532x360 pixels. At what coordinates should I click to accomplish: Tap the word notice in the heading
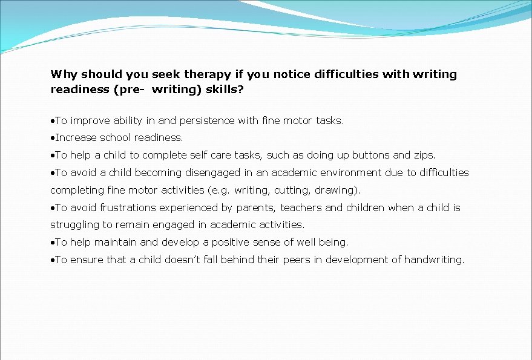coord(292,74)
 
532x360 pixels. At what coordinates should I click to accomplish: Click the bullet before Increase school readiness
coord(53,138)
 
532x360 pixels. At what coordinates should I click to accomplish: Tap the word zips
coord(424,155)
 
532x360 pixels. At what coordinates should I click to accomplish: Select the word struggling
coord(74,224)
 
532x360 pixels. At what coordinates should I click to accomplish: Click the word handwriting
coord(434,260)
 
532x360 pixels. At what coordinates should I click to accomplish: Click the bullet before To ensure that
coord(53,260)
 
